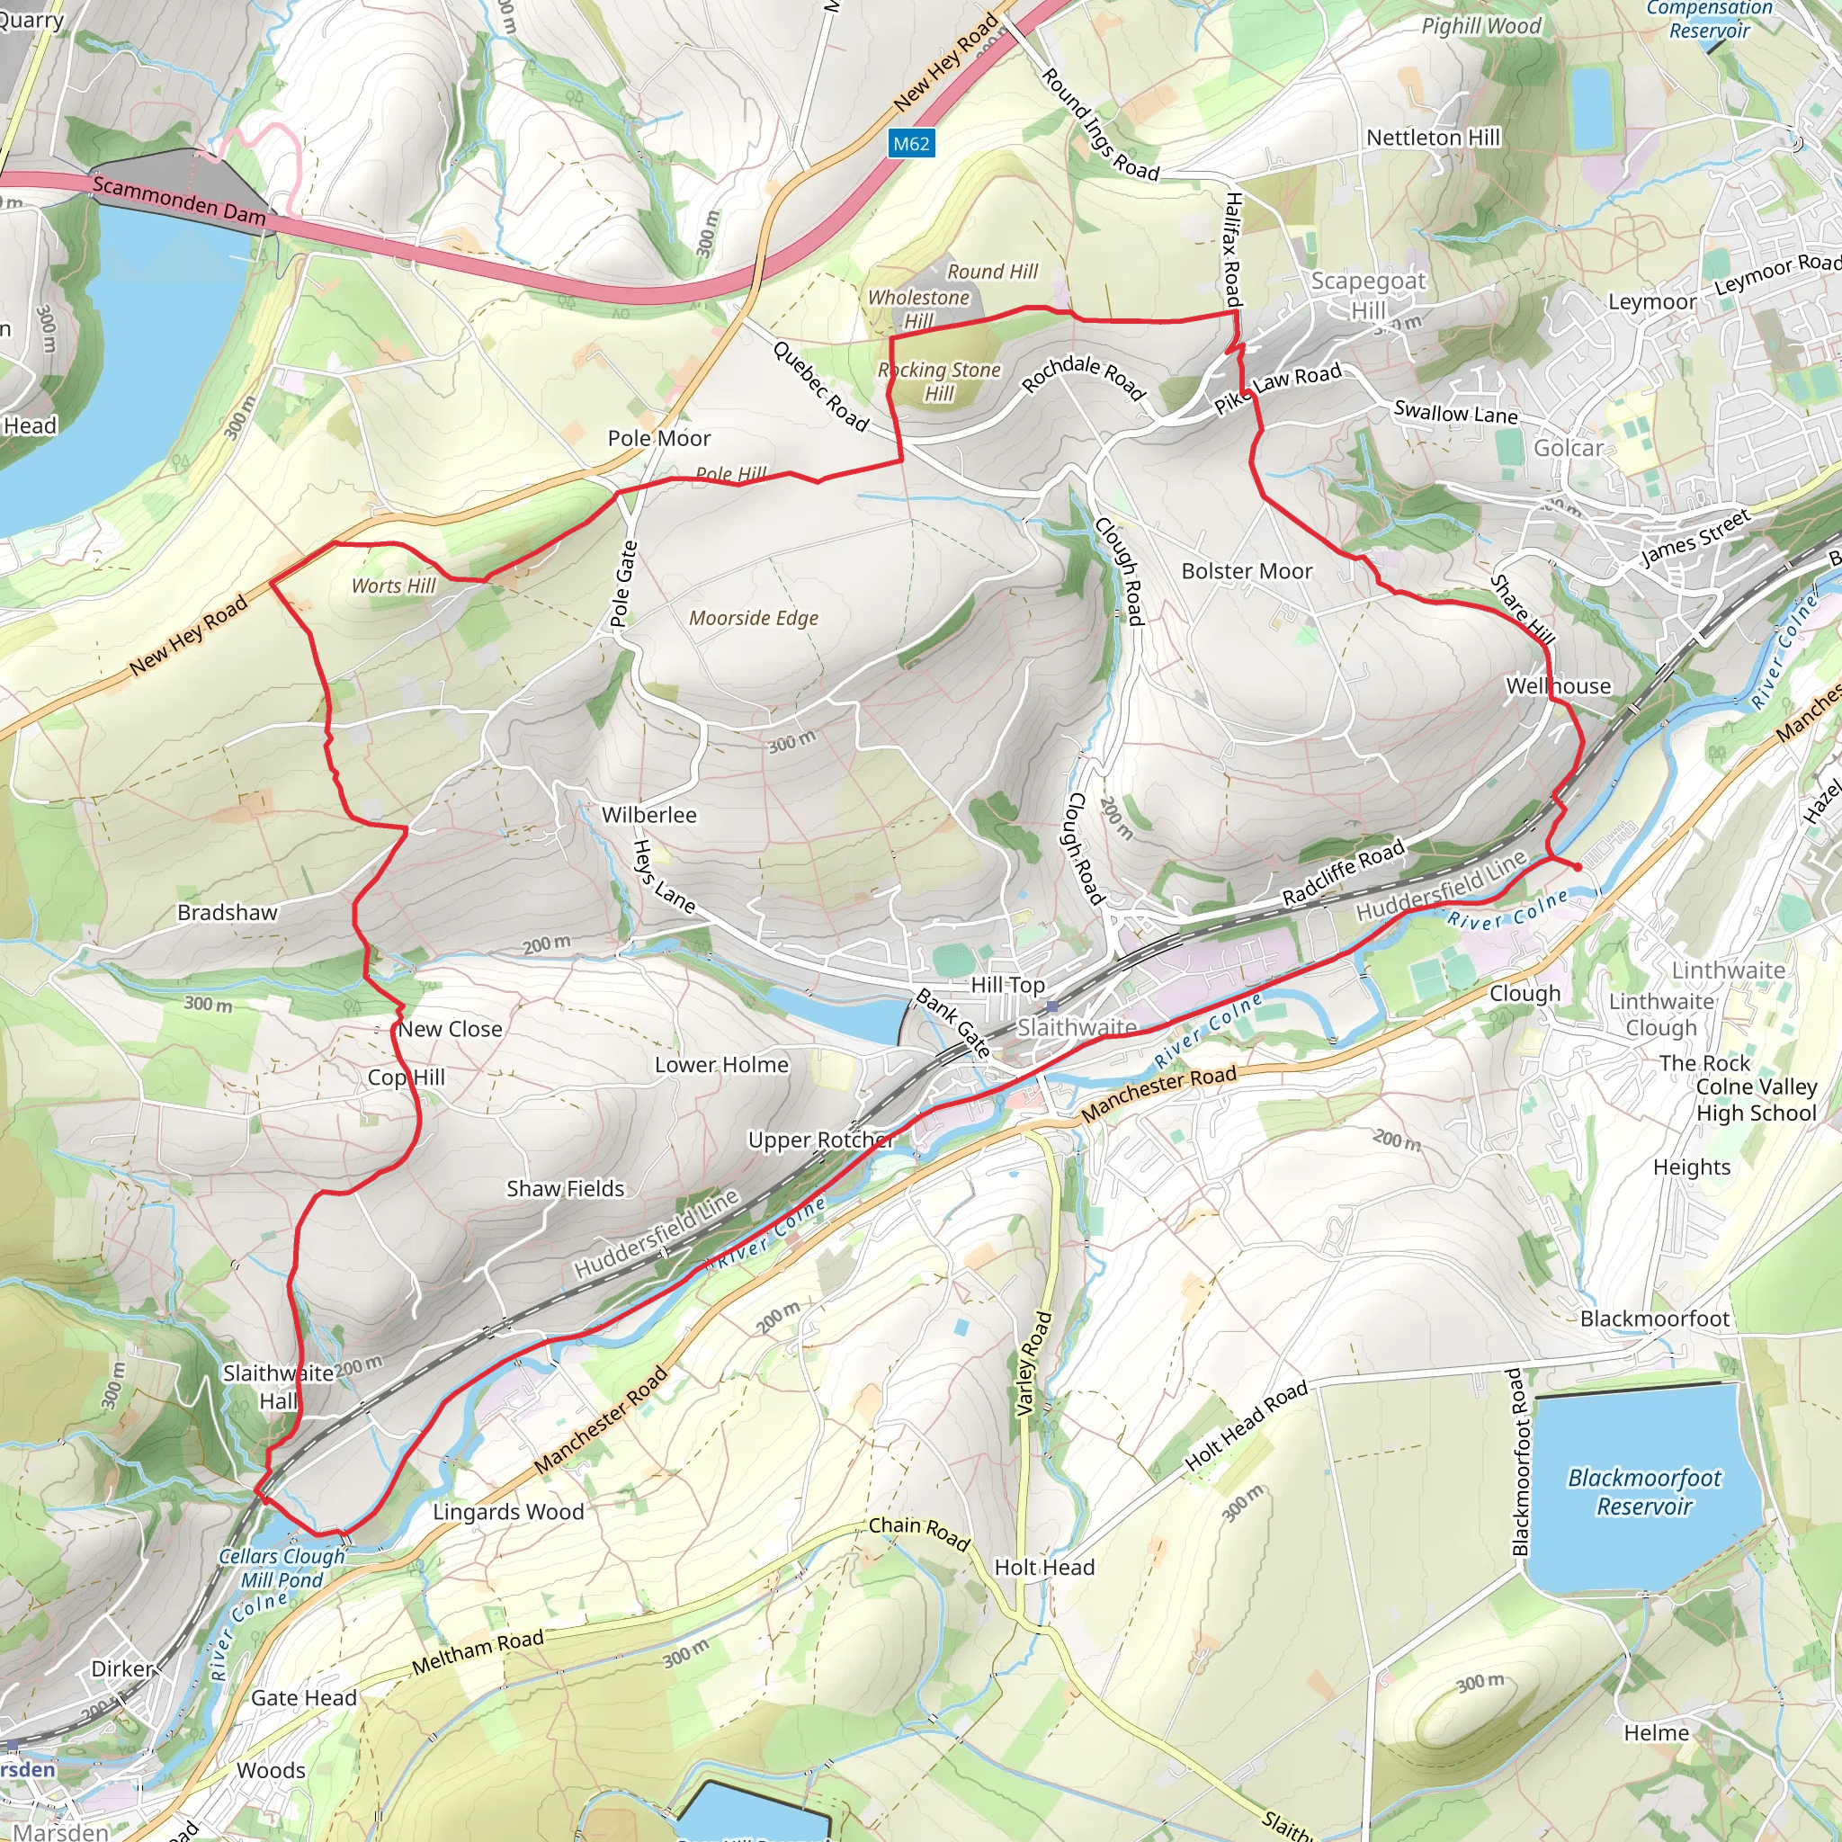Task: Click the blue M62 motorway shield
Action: [x=909, y=144]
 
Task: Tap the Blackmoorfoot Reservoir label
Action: [x=1644, y=1491]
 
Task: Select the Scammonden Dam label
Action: [x=178, y=201]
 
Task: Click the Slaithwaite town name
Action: [x=1077, y=1027]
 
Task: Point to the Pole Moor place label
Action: [x=658, y=439]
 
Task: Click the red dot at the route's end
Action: [x=1577, y=867]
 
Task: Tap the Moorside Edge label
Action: [x=753, y=618]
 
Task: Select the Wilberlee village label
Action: [x=648, y=815]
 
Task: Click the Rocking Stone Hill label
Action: [x=939, y=381]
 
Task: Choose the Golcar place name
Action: [x=1569, y=448]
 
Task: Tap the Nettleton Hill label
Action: [x=1432, y=139]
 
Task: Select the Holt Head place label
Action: [x=1044, y=1568]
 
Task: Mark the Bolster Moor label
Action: [x=1246, y=571]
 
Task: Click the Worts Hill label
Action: [x=393, y=586]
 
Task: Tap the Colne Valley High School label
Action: [x=1756, y=1099]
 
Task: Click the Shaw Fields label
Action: [x=566, y=1189]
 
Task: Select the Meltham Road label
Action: [x=478, y=1651]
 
